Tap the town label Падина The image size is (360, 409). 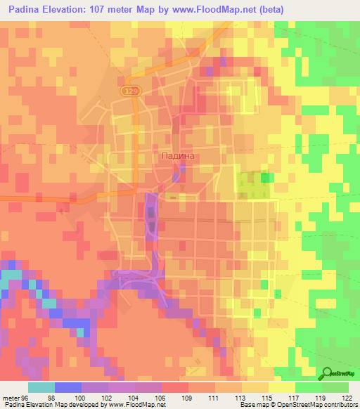click(x=174, y=157)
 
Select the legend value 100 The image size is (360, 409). click(x=82, y=398)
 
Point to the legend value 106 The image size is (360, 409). click(x=160, y=398)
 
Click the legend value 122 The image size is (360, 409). click(x=348, y=398)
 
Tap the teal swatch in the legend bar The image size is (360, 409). click(x=41, y=387)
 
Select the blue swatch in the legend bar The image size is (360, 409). click(x=68, y=387)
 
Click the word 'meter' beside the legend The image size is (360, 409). click(x=8, y=398)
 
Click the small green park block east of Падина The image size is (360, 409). click(x=265, y=178)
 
